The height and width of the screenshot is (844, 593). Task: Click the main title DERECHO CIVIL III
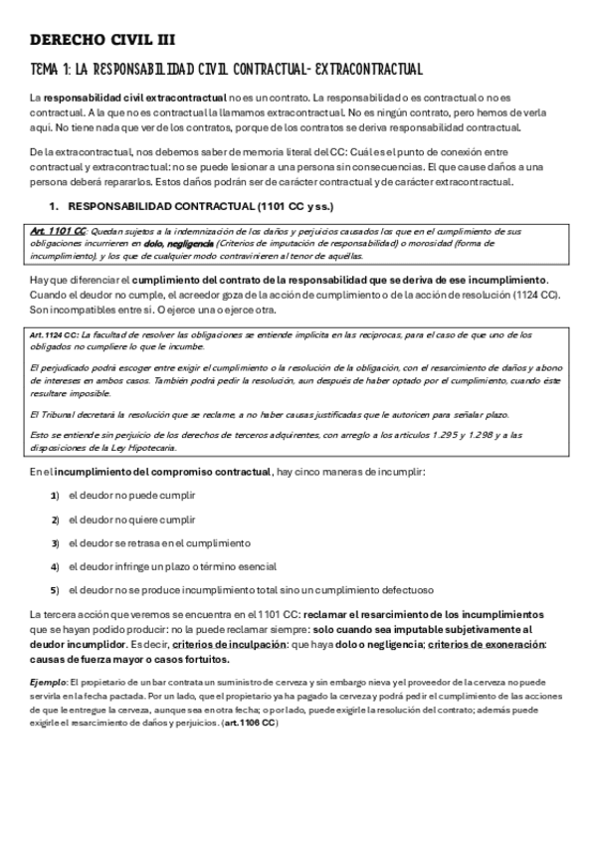102,40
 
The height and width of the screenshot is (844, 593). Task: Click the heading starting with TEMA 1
227,70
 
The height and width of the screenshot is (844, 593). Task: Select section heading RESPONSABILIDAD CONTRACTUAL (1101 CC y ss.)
200,207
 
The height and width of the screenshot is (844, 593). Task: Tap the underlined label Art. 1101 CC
58,231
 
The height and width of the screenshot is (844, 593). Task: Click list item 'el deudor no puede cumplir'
131,495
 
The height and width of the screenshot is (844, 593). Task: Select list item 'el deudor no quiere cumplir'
132,519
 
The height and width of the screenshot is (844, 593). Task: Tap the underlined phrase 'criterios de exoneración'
486,644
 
